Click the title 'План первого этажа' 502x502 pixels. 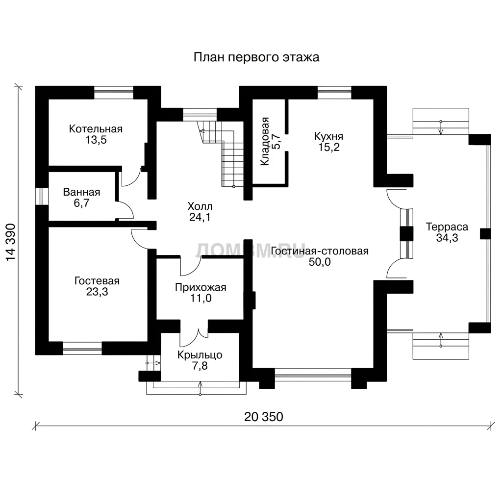256,58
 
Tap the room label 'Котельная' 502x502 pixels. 96,129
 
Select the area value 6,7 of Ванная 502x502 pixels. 82,203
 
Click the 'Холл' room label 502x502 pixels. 200,206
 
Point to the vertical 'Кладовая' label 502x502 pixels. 265,141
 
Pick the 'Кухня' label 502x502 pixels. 329,136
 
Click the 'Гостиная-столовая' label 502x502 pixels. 320,251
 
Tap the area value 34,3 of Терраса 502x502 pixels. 447,238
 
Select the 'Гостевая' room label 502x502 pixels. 97,281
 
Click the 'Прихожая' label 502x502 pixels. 201,287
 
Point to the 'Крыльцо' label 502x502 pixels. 200,355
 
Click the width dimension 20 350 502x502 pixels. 263,417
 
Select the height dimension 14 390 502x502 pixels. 11,242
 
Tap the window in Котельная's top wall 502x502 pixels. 114,93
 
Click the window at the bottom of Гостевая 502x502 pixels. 82,348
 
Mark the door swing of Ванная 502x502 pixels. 125,210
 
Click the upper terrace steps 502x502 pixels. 441,122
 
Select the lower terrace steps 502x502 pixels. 441,346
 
